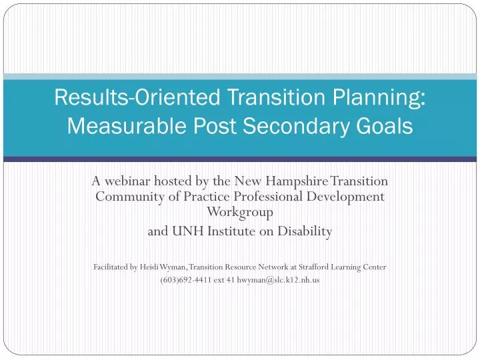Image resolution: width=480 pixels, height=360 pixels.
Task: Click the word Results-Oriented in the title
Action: click(137, 97)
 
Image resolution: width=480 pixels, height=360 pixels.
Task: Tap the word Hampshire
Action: click(296, 181)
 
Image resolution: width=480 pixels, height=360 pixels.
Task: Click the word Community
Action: click(130, 197)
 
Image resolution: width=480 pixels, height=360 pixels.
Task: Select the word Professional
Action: click(268, 196)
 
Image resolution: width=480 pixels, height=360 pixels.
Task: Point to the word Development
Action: click(345, 197)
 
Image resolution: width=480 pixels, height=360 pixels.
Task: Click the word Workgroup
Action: click(240, 212)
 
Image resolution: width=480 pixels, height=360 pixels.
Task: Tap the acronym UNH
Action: click(187, 231)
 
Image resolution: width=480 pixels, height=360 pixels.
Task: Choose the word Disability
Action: click(305, 232)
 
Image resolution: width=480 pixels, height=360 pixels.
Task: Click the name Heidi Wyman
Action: click(163, 267)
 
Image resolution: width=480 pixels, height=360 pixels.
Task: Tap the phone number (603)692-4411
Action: click(186, 280)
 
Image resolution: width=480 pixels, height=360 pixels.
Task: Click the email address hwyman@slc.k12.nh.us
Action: click(278, 280)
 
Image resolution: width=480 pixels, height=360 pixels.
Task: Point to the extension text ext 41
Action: click(224, 280)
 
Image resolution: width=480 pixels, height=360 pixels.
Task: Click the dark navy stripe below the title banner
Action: click(240, 159)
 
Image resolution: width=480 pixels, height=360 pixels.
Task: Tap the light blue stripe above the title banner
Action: click(240, 77)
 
